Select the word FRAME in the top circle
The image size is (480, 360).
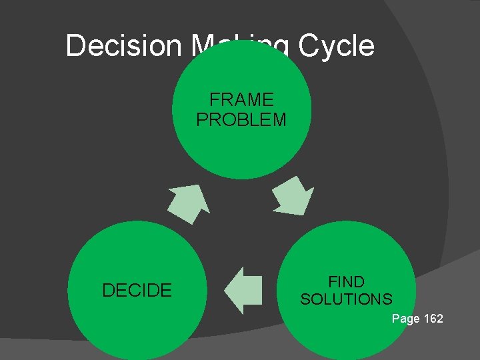(241, 100)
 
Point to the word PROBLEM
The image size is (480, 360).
(241, 119)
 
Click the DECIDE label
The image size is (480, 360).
(137, 290)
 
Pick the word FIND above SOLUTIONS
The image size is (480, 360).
(347, 281)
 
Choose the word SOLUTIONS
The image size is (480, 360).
(347, 299)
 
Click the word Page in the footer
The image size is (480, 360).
(406, 319)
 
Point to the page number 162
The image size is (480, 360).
(433, 319)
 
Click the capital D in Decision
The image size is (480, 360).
(76, 46)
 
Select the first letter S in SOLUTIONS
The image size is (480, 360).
(305, 299)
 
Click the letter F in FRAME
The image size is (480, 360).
(214, 100)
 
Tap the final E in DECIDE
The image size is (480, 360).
(167, 290)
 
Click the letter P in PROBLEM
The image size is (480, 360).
(201, 119)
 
